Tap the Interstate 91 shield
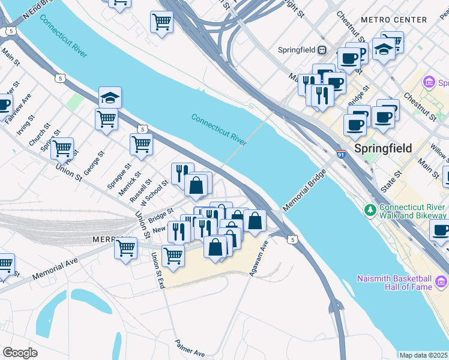341,154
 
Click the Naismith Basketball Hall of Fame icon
442,280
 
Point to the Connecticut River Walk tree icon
370,210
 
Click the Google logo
20,353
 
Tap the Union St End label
158,270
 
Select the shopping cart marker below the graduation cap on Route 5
106,118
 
